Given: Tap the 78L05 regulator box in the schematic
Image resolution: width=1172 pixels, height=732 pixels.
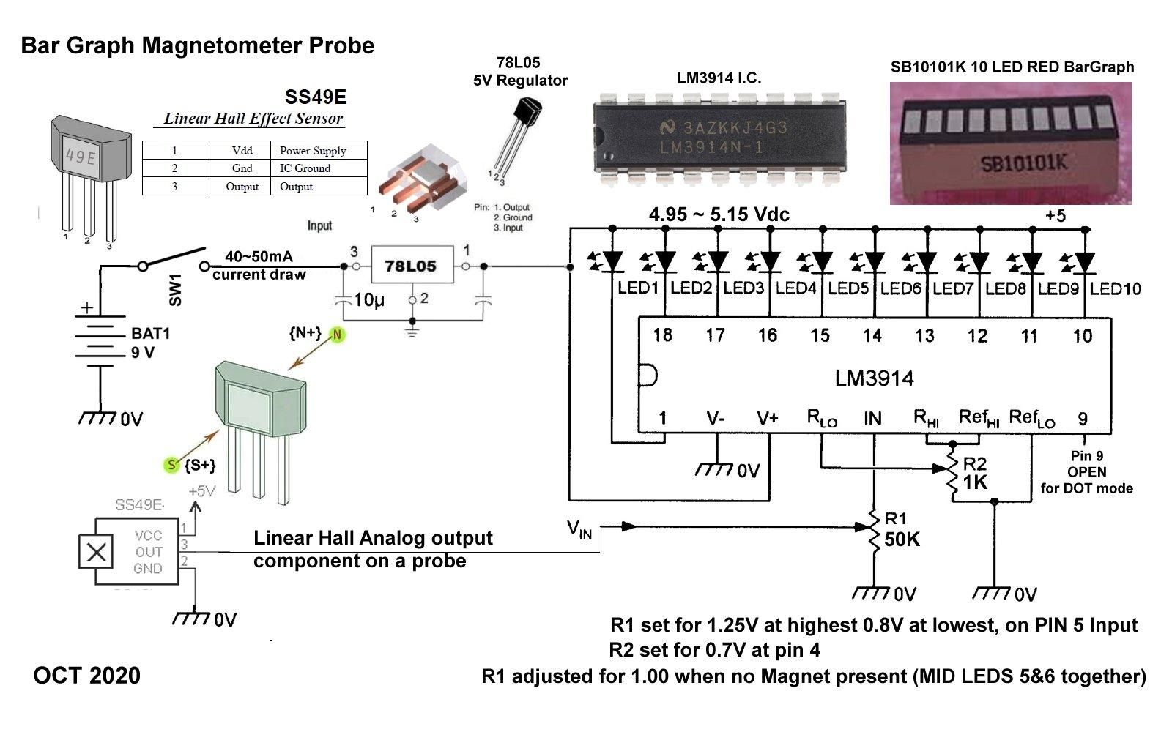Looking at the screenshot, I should pyautogui.click(x=410, y=266).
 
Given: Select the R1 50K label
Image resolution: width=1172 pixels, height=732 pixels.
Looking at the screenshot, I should pyautogui.click(x=901, y=531).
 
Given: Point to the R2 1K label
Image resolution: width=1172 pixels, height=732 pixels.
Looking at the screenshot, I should pyautogui.click(x=975, y=474).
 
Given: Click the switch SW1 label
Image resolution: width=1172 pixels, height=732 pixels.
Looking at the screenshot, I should pyautogui.click(x=175, y=290).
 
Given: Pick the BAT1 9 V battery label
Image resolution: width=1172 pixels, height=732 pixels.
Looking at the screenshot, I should pyautogui.click(x=150, y=343).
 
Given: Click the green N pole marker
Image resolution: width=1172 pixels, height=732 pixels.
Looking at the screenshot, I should pyautogui.click(x=337, y=335).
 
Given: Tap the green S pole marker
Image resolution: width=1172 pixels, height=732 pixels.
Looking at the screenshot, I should pyautogui.click(x=171, y=465).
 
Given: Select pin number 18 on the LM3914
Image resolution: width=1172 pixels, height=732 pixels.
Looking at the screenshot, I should pyautogui.click(x=662, y=335).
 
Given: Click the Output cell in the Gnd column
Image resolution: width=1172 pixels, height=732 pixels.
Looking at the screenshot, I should pyautogui.click(x=242, y=187).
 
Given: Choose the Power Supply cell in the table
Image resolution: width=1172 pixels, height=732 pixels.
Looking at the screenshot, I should pyautogui.click(x=313, y=150).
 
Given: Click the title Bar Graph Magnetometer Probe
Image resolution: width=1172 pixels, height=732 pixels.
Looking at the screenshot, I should pyautogui.click(x=198, y=45).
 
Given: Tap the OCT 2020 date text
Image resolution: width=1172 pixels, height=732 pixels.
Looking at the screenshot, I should pyautogui.click(x=86, y=675).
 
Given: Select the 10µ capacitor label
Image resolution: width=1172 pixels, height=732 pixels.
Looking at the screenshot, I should pyautogui.click(x=368, y=299).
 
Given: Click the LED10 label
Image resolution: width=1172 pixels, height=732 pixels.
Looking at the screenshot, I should pyautogui.click(x=1115, y=288).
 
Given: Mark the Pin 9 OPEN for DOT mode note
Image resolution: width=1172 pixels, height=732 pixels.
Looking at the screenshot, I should pyautogui.click(x=1086, y=472).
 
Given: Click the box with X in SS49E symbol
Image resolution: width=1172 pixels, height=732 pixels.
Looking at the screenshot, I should pyautogui.click(x=97, y=552).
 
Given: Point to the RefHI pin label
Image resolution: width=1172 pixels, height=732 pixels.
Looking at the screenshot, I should pyautogui.click(x=979, y=418).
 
